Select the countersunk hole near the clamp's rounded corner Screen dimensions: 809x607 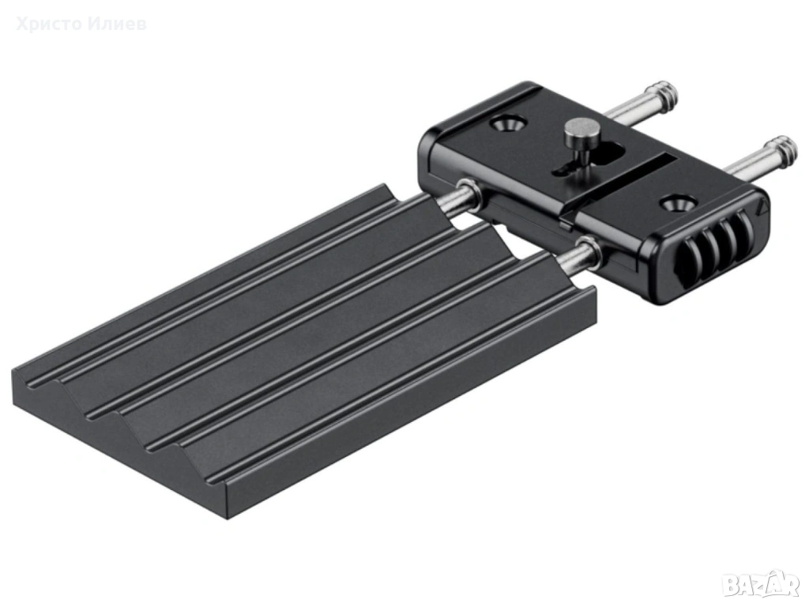point(508,124)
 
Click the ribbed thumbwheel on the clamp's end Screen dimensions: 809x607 point(720,255)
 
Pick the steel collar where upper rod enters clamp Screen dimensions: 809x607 point(469,195)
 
